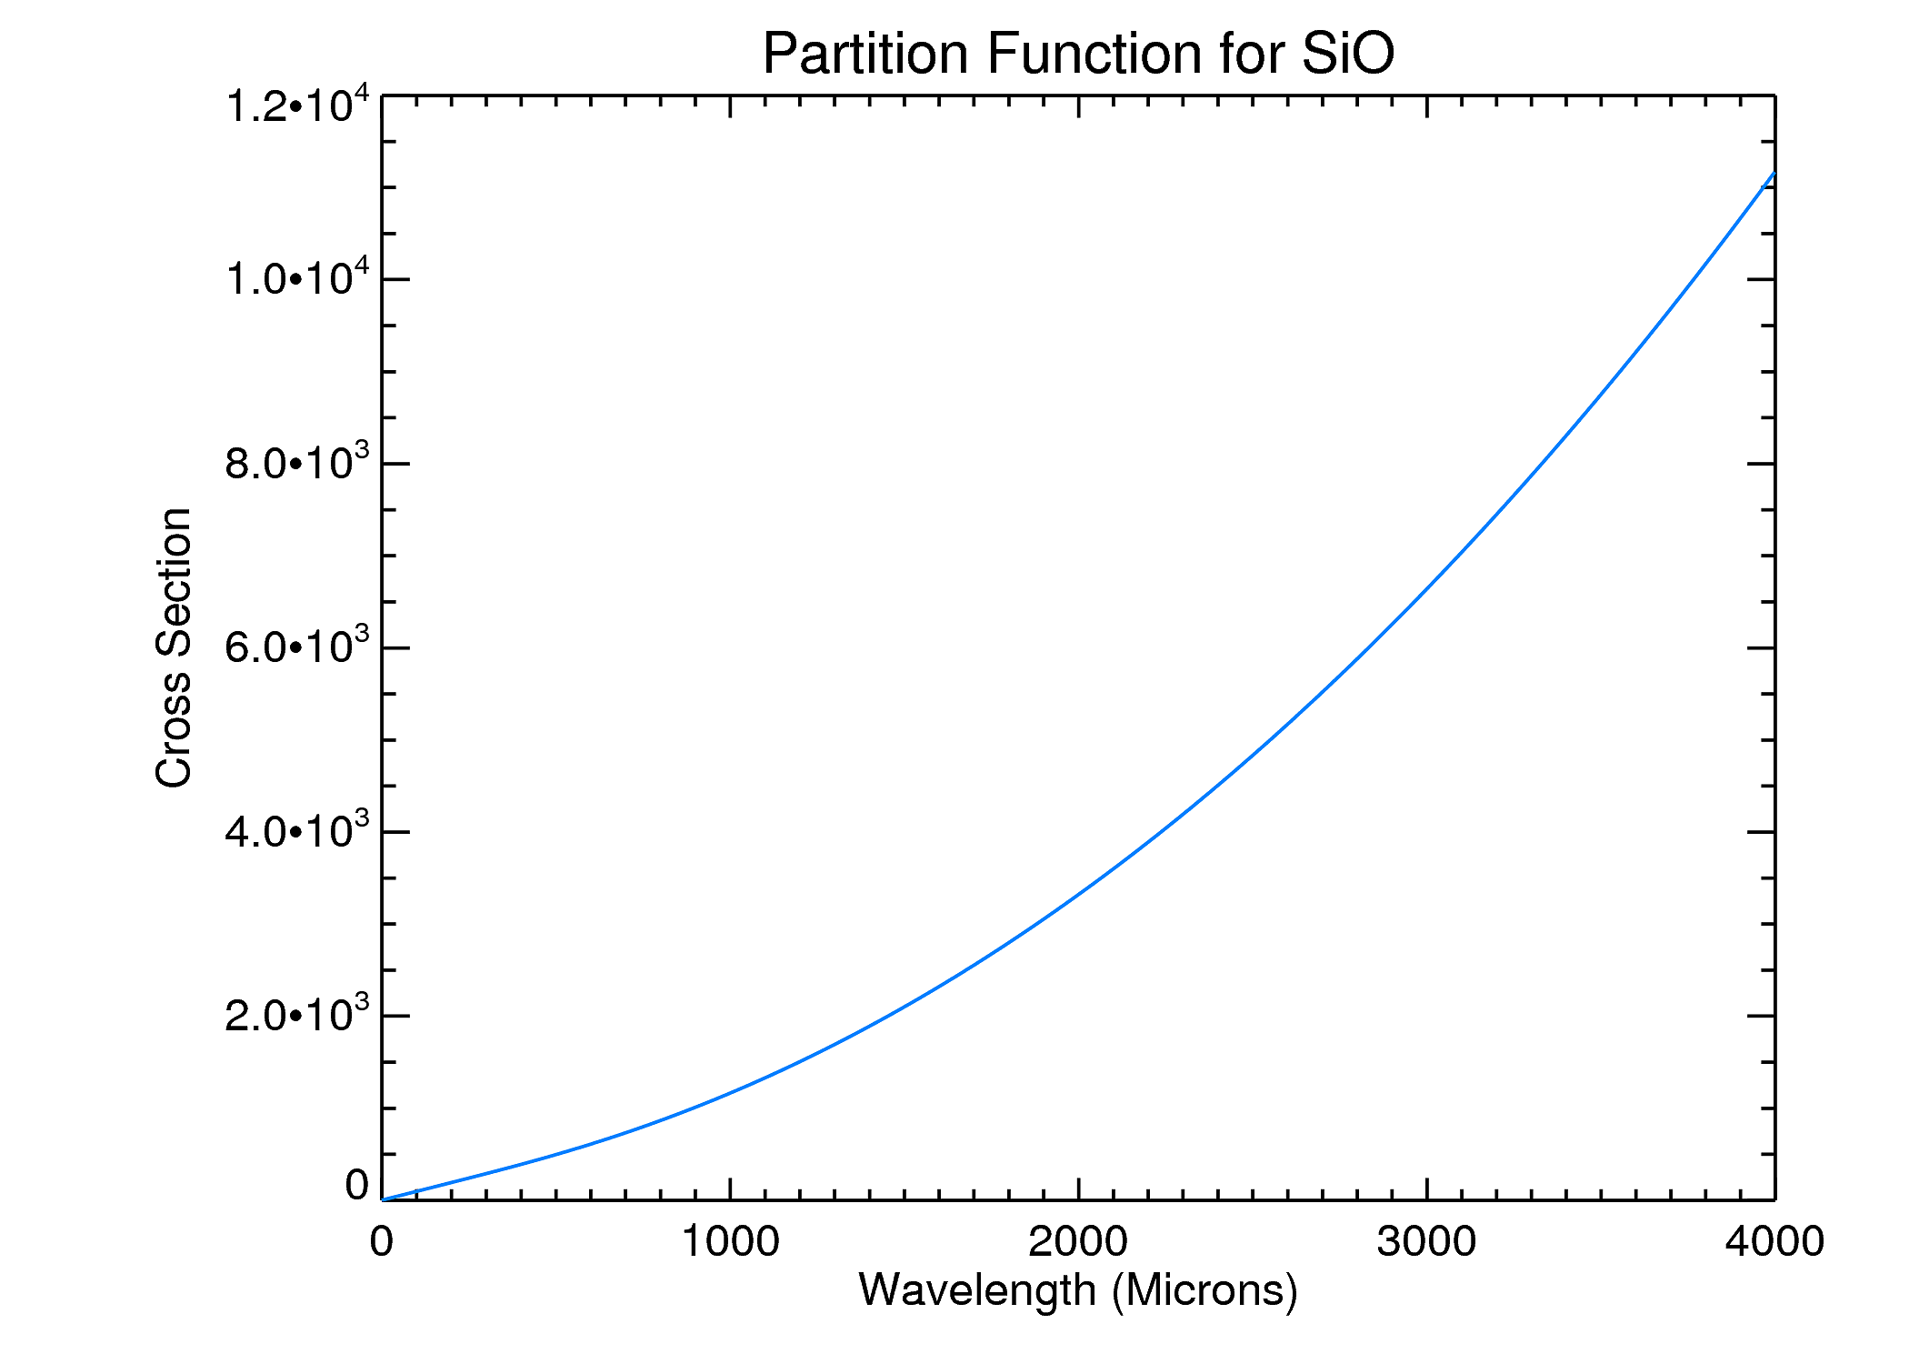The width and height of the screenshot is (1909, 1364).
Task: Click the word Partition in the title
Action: (x=865, y=54)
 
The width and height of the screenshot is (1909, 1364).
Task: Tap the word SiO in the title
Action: (x=1347, y=54)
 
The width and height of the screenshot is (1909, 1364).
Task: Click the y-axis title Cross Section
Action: (x=174, y=647)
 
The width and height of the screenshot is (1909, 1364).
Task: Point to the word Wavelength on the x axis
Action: (x=977, y=1290)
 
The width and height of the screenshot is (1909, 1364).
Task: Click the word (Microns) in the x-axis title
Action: (x=1204, y=1290)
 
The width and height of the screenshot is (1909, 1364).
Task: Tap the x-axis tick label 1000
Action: (x=730, y=1242)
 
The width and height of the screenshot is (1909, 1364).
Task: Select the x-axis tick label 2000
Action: (x=1078, y=1242)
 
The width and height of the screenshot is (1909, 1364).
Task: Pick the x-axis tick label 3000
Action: (x=1426, y=1242)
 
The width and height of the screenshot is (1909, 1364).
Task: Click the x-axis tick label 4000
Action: (x=1774, y=1242)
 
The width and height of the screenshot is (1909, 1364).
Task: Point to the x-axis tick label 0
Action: (x=382, y=1242)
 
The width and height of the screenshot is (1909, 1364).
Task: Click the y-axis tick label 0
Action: (x=357, y=1186)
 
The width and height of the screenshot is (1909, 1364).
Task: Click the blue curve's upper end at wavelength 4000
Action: (x=1774, y=173)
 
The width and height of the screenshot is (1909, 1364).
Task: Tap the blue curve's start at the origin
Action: (x=383, y=1199)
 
